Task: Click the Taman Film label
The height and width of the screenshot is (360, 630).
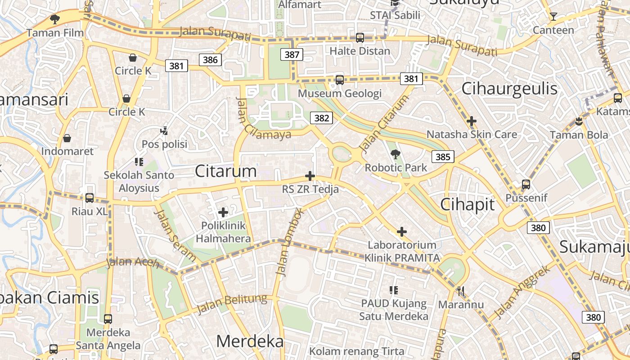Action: [55, 33]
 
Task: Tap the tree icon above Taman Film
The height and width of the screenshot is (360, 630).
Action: [55, 19]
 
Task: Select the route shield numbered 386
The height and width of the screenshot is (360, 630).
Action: [210, 59]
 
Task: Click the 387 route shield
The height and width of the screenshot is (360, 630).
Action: [292, 54]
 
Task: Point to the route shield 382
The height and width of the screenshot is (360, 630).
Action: [321, 118]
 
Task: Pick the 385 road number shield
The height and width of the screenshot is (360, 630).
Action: [443, 157]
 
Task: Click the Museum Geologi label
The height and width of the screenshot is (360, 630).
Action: [340, 94]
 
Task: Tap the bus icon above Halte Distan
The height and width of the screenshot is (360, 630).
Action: [360, 38]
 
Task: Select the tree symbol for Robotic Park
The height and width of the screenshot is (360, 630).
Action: [395, 154]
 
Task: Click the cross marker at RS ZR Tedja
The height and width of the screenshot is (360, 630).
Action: [310, 176]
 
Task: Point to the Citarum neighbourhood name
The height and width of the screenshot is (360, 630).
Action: [226, 171]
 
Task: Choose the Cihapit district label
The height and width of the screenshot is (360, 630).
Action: [467, 205]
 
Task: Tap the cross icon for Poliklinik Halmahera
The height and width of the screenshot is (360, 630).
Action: [223, 212]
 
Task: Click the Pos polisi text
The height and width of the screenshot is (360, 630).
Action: [164, 144]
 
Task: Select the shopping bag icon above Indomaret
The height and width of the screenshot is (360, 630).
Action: [67, 138]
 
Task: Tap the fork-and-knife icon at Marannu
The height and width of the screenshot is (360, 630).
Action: [460, 291]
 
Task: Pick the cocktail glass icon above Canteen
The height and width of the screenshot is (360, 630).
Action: [553, 17]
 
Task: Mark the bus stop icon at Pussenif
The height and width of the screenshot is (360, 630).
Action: [526, 184]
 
